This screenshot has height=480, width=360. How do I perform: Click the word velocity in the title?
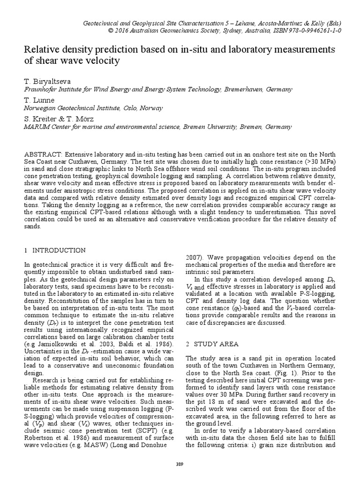[x=102, y=61]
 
